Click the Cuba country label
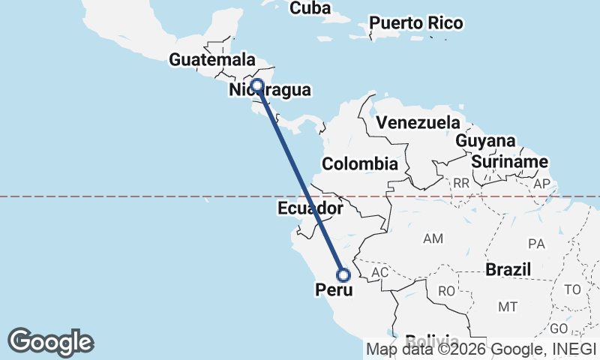point(310,7)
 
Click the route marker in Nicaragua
point(256,85)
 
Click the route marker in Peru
point(343,274)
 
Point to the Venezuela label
point(418,122)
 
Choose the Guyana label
point(485,141)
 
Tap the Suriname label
point(510,162)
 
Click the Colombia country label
point(359,164)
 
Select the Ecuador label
point(310,208)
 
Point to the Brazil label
point(508,269)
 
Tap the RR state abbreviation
point(460,182)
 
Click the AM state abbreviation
point(433,238)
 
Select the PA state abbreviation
point(536,243)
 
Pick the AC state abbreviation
point(379,273)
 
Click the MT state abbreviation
point(508,307)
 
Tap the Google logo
point(50,342)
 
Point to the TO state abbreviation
point(572,289)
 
